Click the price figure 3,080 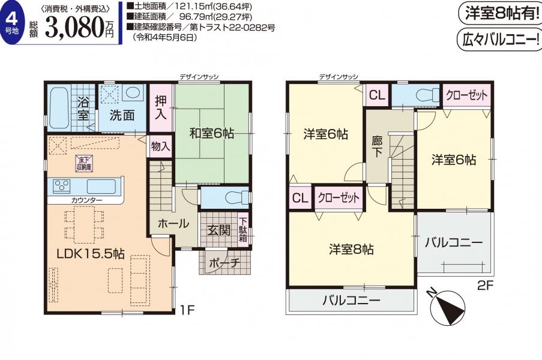(x=74, y=28)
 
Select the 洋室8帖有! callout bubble (x=500, y=13)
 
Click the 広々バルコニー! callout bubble (x=500, y=40)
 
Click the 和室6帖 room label (x=211, y=133)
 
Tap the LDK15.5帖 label (x=91, y=254)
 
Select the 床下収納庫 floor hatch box (x=84, y=164)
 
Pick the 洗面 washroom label (x=122, y=115)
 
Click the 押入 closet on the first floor (x=161, y=108)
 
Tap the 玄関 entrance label (x=219, y=230)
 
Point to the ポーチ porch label (x=224, y=263)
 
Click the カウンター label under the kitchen (x=87, y=200)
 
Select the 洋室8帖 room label (x=351, y=249)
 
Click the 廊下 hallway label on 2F (x=377, y=146)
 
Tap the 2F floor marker (x=486, y=286)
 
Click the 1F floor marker (x=187, y=310)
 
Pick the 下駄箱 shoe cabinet (x=243, y=229)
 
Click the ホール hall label (x=173, y=224)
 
